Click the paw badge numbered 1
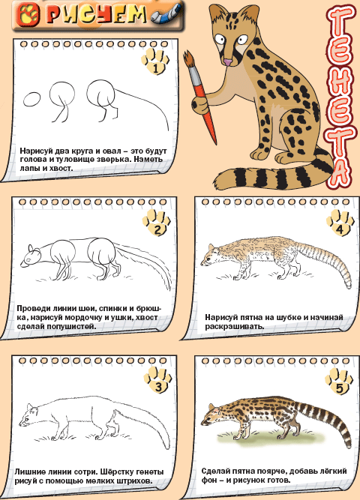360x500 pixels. point(155,61)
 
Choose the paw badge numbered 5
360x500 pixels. point(339,381)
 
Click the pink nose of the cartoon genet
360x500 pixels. point(228,62)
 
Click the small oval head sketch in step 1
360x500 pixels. point(32,100)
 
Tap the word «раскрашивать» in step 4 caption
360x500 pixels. point(234,326)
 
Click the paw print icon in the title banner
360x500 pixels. point(28,15)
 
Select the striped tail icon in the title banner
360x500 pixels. point(166,15)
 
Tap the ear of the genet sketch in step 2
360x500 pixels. point(31,249)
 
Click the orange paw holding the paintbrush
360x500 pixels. point(200,104)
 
